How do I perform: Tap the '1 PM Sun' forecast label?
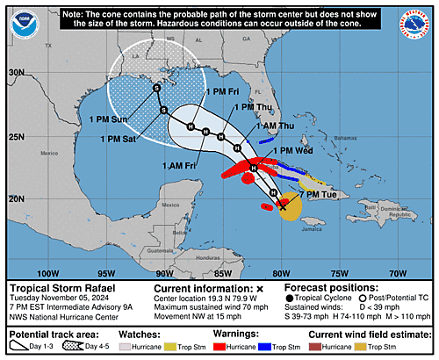coord(110,119)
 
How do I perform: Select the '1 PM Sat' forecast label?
coord(120,138)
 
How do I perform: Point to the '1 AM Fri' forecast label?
coord(178,163)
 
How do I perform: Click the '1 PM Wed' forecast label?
coord(296,151)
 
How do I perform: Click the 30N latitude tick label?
coord(15,73)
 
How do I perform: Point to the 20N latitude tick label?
coord(15,199)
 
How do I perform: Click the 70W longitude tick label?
coord(397,272)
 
